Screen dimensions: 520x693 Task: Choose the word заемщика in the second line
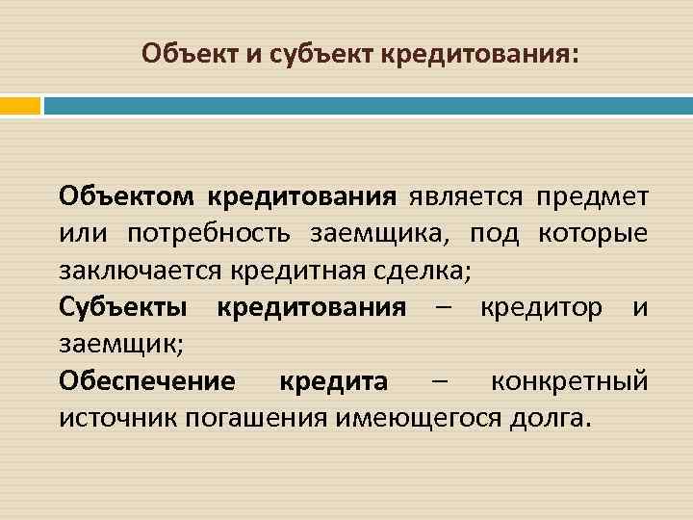pyautogui.click(x=382, y=234)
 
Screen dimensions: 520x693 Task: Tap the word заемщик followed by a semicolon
pyautogui.click(x=108, y=344)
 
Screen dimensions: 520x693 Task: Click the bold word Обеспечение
pyautogui.click(x=146, y=381)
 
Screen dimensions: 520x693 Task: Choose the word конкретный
pyautogui.click(x=570, y=381)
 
